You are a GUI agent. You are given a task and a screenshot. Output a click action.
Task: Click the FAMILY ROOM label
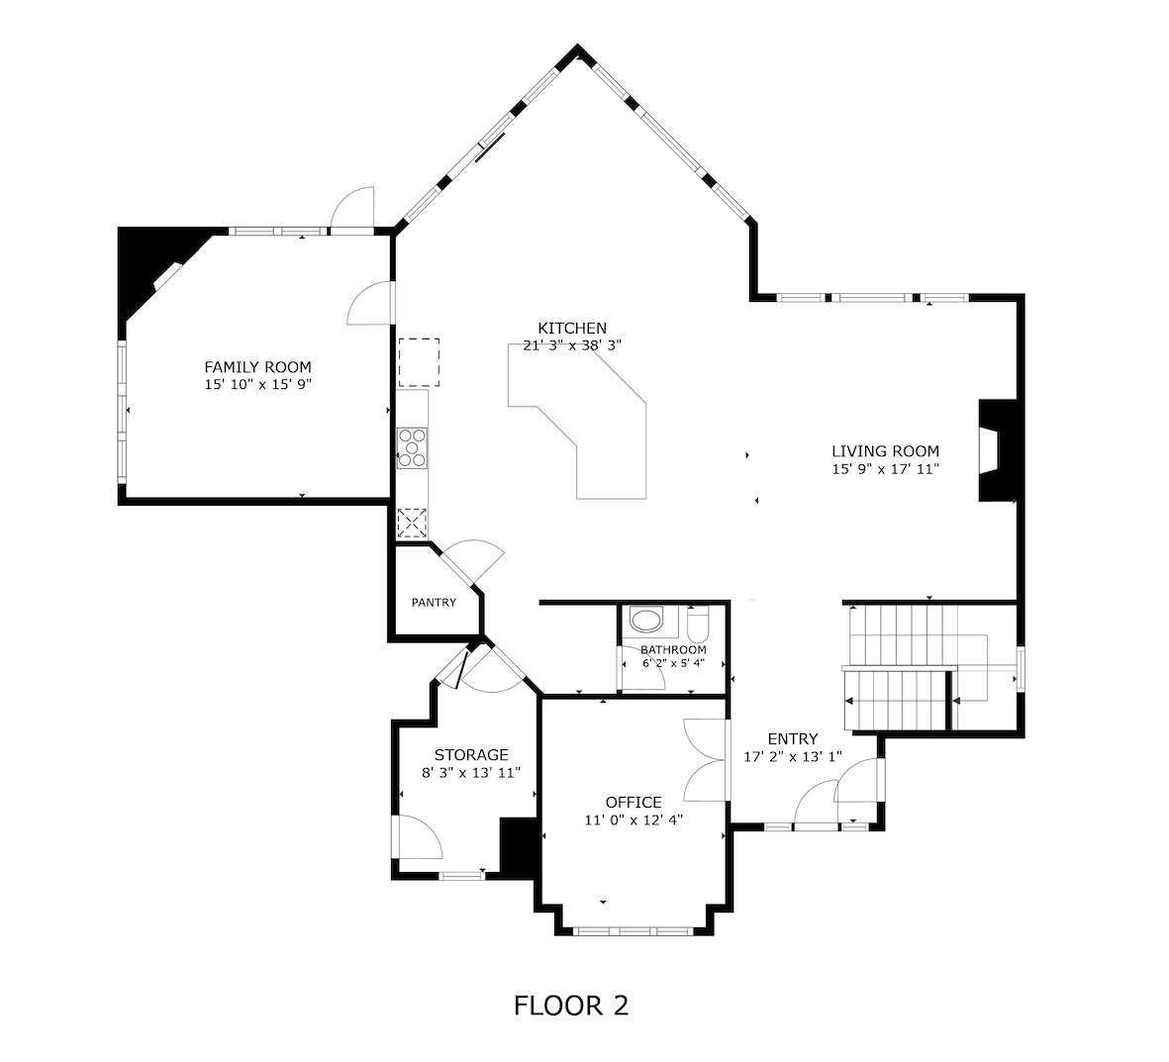coord(257,366)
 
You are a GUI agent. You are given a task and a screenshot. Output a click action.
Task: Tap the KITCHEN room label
coord(571,328)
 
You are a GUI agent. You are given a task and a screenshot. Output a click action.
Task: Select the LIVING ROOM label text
coord(884,451)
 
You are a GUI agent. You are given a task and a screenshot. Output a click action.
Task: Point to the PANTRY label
coord(434,602)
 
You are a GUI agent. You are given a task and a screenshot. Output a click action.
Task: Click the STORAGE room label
coord(470,755)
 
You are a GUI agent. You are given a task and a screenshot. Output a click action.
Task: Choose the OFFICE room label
coord(633,802)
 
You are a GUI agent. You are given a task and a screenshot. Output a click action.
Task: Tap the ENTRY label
coord(793,738)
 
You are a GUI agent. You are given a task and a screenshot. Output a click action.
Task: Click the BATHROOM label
coord(673,649)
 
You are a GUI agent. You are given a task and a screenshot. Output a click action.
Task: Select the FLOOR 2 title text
coord(571,1006)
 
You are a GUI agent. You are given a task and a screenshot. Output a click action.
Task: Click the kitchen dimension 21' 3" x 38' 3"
coord(571,345)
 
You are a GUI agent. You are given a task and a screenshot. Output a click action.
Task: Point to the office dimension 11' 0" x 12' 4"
coord(633,820)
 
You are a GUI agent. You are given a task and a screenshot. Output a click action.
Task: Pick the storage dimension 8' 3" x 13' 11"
coord(470,773)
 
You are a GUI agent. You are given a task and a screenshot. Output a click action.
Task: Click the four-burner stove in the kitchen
coord(412,446)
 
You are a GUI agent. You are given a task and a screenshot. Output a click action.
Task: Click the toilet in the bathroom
coord(697,625)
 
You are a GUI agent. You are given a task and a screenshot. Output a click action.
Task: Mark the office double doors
coord(707,759)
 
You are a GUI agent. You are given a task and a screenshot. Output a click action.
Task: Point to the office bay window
coord(633,930)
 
